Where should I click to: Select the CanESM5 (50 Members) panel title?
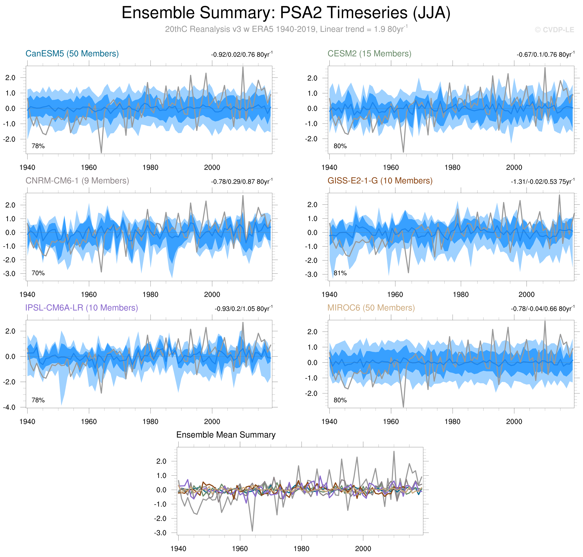pyautogui.click(x=72, y=54)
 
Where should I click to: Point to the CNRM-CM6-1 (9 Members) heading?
pyautogui.click(x=77, y=181)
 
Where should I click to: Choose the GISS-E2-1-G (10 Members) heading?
pyautogui.click(x=380, y=181)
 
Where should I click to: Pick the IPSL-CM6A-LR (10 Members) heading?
pyautogui.click(x=82, y=308)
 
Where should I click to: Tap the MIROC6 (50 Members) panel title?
pyautogui.click(x=371, y=308)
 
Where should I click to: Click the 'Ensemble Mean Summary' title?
pyautogui.click(x=226, y=435)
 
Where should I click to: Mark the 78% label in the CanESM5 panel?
pyautogui.click(x=38, y=146)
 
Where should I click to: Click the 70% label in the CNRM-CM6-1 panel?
pyautogui.click(x=38, y=273)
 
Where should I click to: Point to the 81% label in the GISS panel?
pyautogui.click(x=340, y=273)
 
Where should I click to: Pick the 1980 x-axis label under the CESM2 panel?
pyautogui.click(x=452, y=167)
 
